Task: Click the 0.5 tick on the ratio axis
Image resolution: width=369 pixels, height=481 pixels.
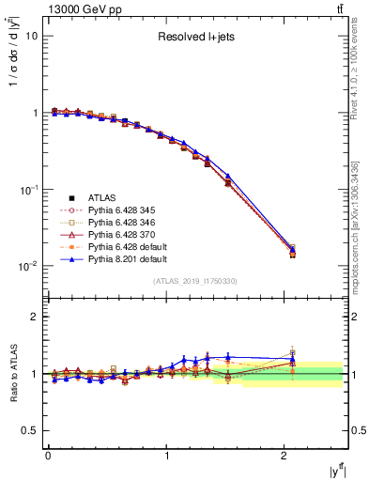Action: coord(28,430)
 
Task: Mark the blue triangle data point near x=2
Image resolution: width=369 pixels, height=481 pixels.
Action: coord(292,249)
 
